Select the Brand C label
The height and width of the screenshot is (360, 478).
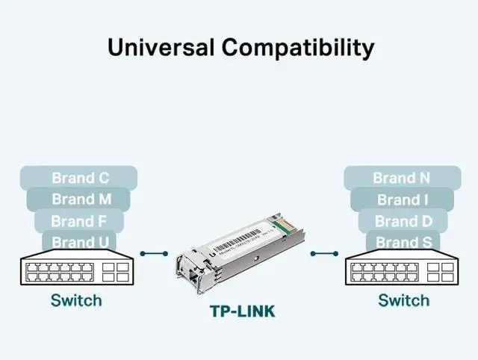80,178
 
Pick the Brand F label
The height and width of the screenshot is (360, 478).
80,221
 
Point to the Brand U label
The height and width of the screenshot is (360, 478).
80,242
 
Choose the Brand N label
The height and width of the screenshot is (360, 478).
402,178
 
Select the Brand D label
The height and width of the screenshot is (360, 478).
403,221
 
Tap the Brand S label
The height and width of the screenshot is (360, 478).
403,242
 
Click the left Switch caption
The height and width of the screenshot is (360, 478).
75,301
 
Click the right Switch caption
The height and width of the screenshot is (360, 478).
403,301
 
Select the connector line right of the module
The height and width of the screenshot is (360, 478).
325,254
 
